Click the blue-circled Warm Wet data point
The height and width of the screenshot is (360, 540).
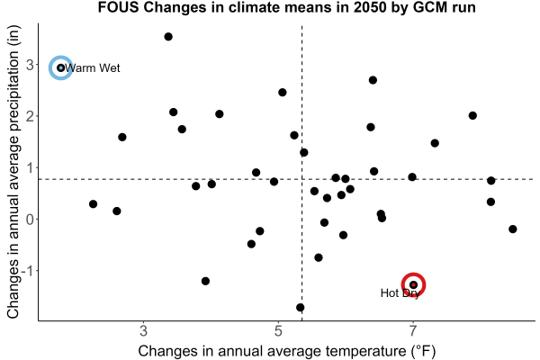[60, 67]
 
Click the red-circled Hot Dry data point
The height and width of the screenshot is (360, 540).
[413, 285]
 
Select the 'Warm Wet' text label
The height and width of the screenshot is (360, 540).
[92, 68]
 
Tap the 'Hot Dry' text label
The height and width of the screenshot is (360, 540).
[400, 293]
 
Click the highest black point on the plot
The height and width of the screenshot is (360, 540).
[168, 37]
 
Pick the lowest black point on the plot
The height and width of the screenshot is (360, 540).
[301, 307]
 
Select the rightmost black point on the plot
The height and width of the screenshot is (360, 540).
[512, 229]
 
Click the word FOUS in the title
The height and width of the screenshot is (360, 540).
[119, 7]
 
